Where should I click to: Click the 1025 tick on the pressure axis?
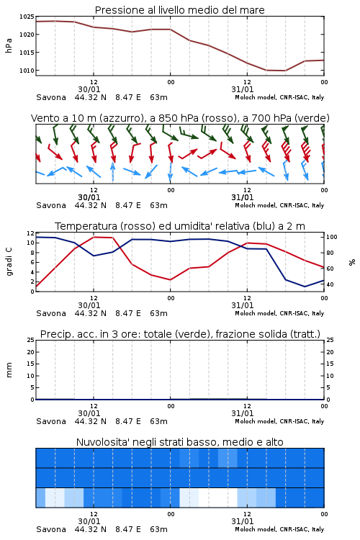tap(27, 17)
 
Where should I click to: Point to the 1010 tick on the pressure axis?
tap(27, 71)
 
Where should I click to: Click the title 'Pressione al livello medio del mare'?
tap(180, 10)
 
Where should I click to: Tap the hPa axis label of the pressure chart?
tap(9, 45)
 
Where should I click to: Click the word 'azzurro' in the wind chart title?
tap(120, 119)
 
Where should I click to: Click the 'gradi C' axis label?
tap(9, 262)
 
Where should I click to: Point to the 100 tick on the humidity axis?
tap(332, 237)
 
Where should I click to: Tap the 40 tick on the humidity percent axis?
tap(330, 284)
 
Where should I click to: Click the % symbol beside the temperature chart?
tap(352, 262)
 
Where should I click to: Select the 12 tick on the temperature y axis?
tap(30, 233)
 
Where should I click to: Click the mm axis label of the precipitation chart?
tap(9, 370)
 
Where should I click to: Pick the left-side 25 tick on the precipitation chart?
tap(30, 340)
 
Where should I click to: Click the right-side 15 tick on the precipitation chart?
tap(330, 364)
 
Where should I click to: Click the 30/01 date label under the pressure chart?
tap(89, 89)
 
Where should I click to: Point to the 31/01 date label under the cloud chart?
tap(243, 521)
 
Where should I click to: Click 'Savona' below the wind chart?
tap(51, 206)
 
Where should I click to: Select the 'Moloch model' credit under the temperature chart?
tap(256, 313)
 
